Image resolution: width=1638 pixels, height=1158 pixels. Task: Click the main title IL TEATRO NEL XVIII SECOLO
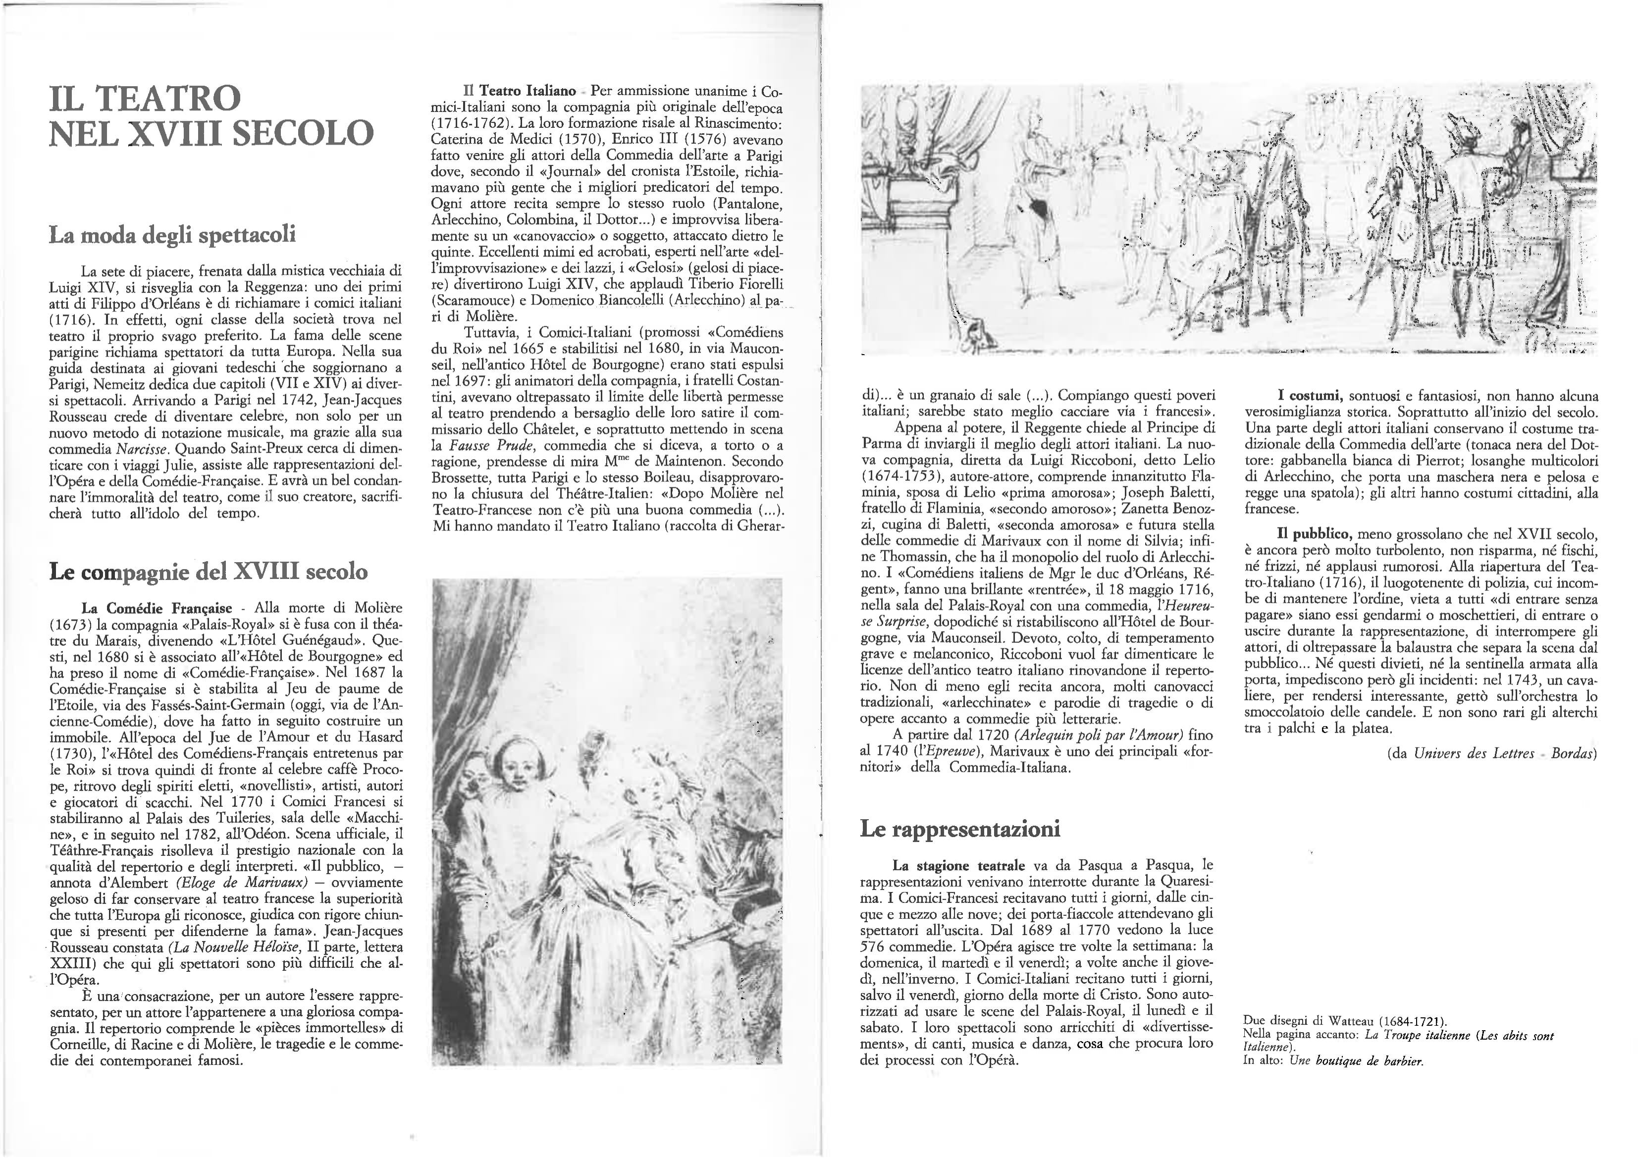(x=211, y=115)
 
